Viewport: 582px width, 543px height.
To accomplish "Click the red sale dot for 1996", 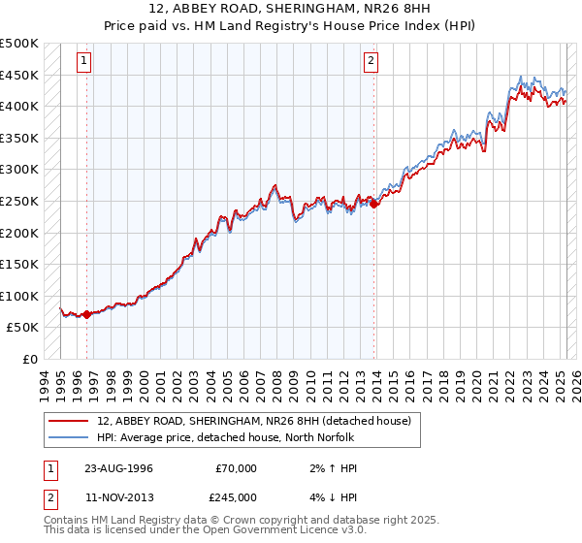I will (86, 314).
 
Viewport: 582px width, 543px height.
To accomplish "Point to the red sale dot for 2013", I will (374, 204).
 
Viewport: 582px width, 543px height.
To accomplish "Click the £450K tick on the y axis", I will (19, 75).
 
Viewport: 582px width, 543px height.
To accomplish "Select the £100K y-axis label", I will (19, 296).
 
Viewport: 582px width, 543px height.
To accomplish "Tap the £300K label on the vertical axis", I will (19, 170).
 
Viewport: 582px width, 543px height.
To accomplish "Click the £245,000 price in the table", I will (236, 496).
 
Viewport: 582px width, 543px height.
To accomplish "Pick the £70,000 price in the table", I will (236, 468).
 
